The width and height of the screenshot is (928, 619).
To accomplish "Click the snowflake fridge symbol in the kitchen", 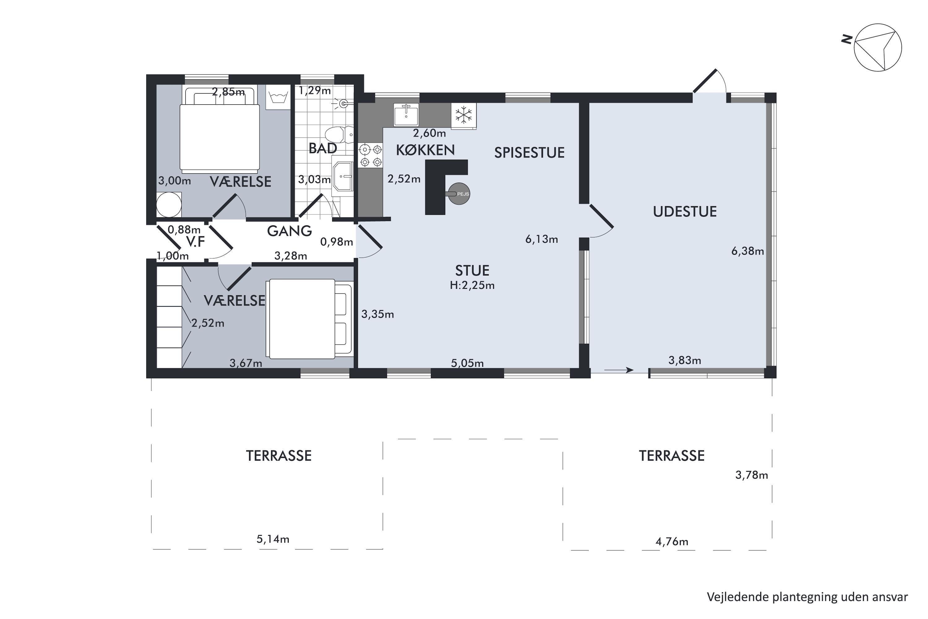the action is pos(464,116).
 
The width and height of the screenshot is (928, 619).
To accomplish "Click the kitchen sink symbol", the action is pos(406,115).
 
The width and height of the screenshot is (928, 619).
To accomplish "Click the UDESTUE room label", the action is pos(685,212).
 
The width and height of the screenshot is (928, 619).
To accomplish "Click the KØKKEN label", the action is pos(425,150).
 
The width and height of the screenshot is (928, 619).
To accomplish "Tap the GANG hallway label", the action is pos(290,231).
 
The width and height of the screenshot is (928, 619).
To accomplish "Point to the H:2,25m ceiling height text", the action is pos(472,285).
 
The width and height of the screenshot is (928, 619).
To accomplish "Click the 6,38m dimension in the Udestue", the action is pos(748,251).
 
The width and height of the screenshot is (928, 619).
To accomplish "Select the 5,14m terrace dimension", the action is pos(273,539).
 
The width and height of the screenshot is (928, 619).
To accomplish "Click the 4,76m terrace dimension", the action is pos(672,542).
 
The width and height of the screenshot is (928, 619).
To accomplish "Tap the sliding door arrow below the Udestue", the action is pos(619,370).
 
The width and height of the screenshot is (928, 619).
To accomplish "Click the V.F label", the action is pos(196,242).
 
